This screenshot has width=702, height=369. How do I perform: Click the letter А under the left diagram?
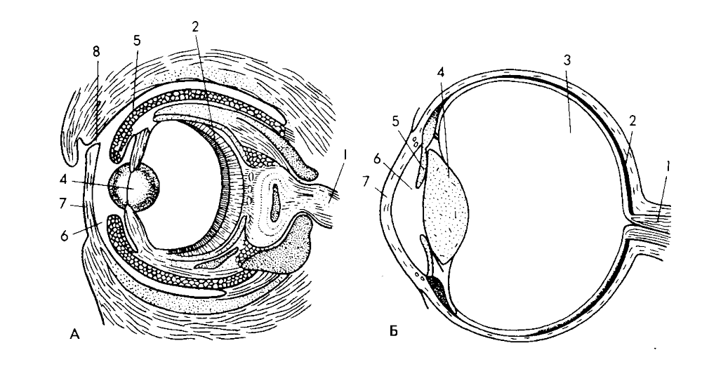click(75, 334)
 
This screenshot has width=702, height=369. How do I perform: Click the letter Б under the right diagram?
click(394, 332)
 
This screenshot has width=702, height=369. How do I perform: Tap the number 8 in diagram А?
click(96, 52)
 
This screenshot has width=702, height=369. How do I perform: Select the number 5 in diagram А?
click(137, 41)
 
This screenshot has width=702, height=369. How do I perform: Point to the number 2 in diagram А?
click(194, 27)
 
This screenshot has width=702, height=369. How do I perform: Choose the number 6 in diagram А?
click(65, 236)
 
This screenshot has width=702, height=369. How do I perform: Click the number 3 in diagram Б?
click(567, 60)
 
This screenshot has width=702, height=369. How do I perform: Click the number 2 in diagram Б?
click(633, 121)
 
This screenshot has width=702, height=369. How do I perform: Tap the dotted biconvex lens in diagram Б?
click(446, 206)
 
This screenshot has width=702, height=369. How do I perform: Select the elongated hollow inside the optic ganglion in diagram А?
click(276, 204)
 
